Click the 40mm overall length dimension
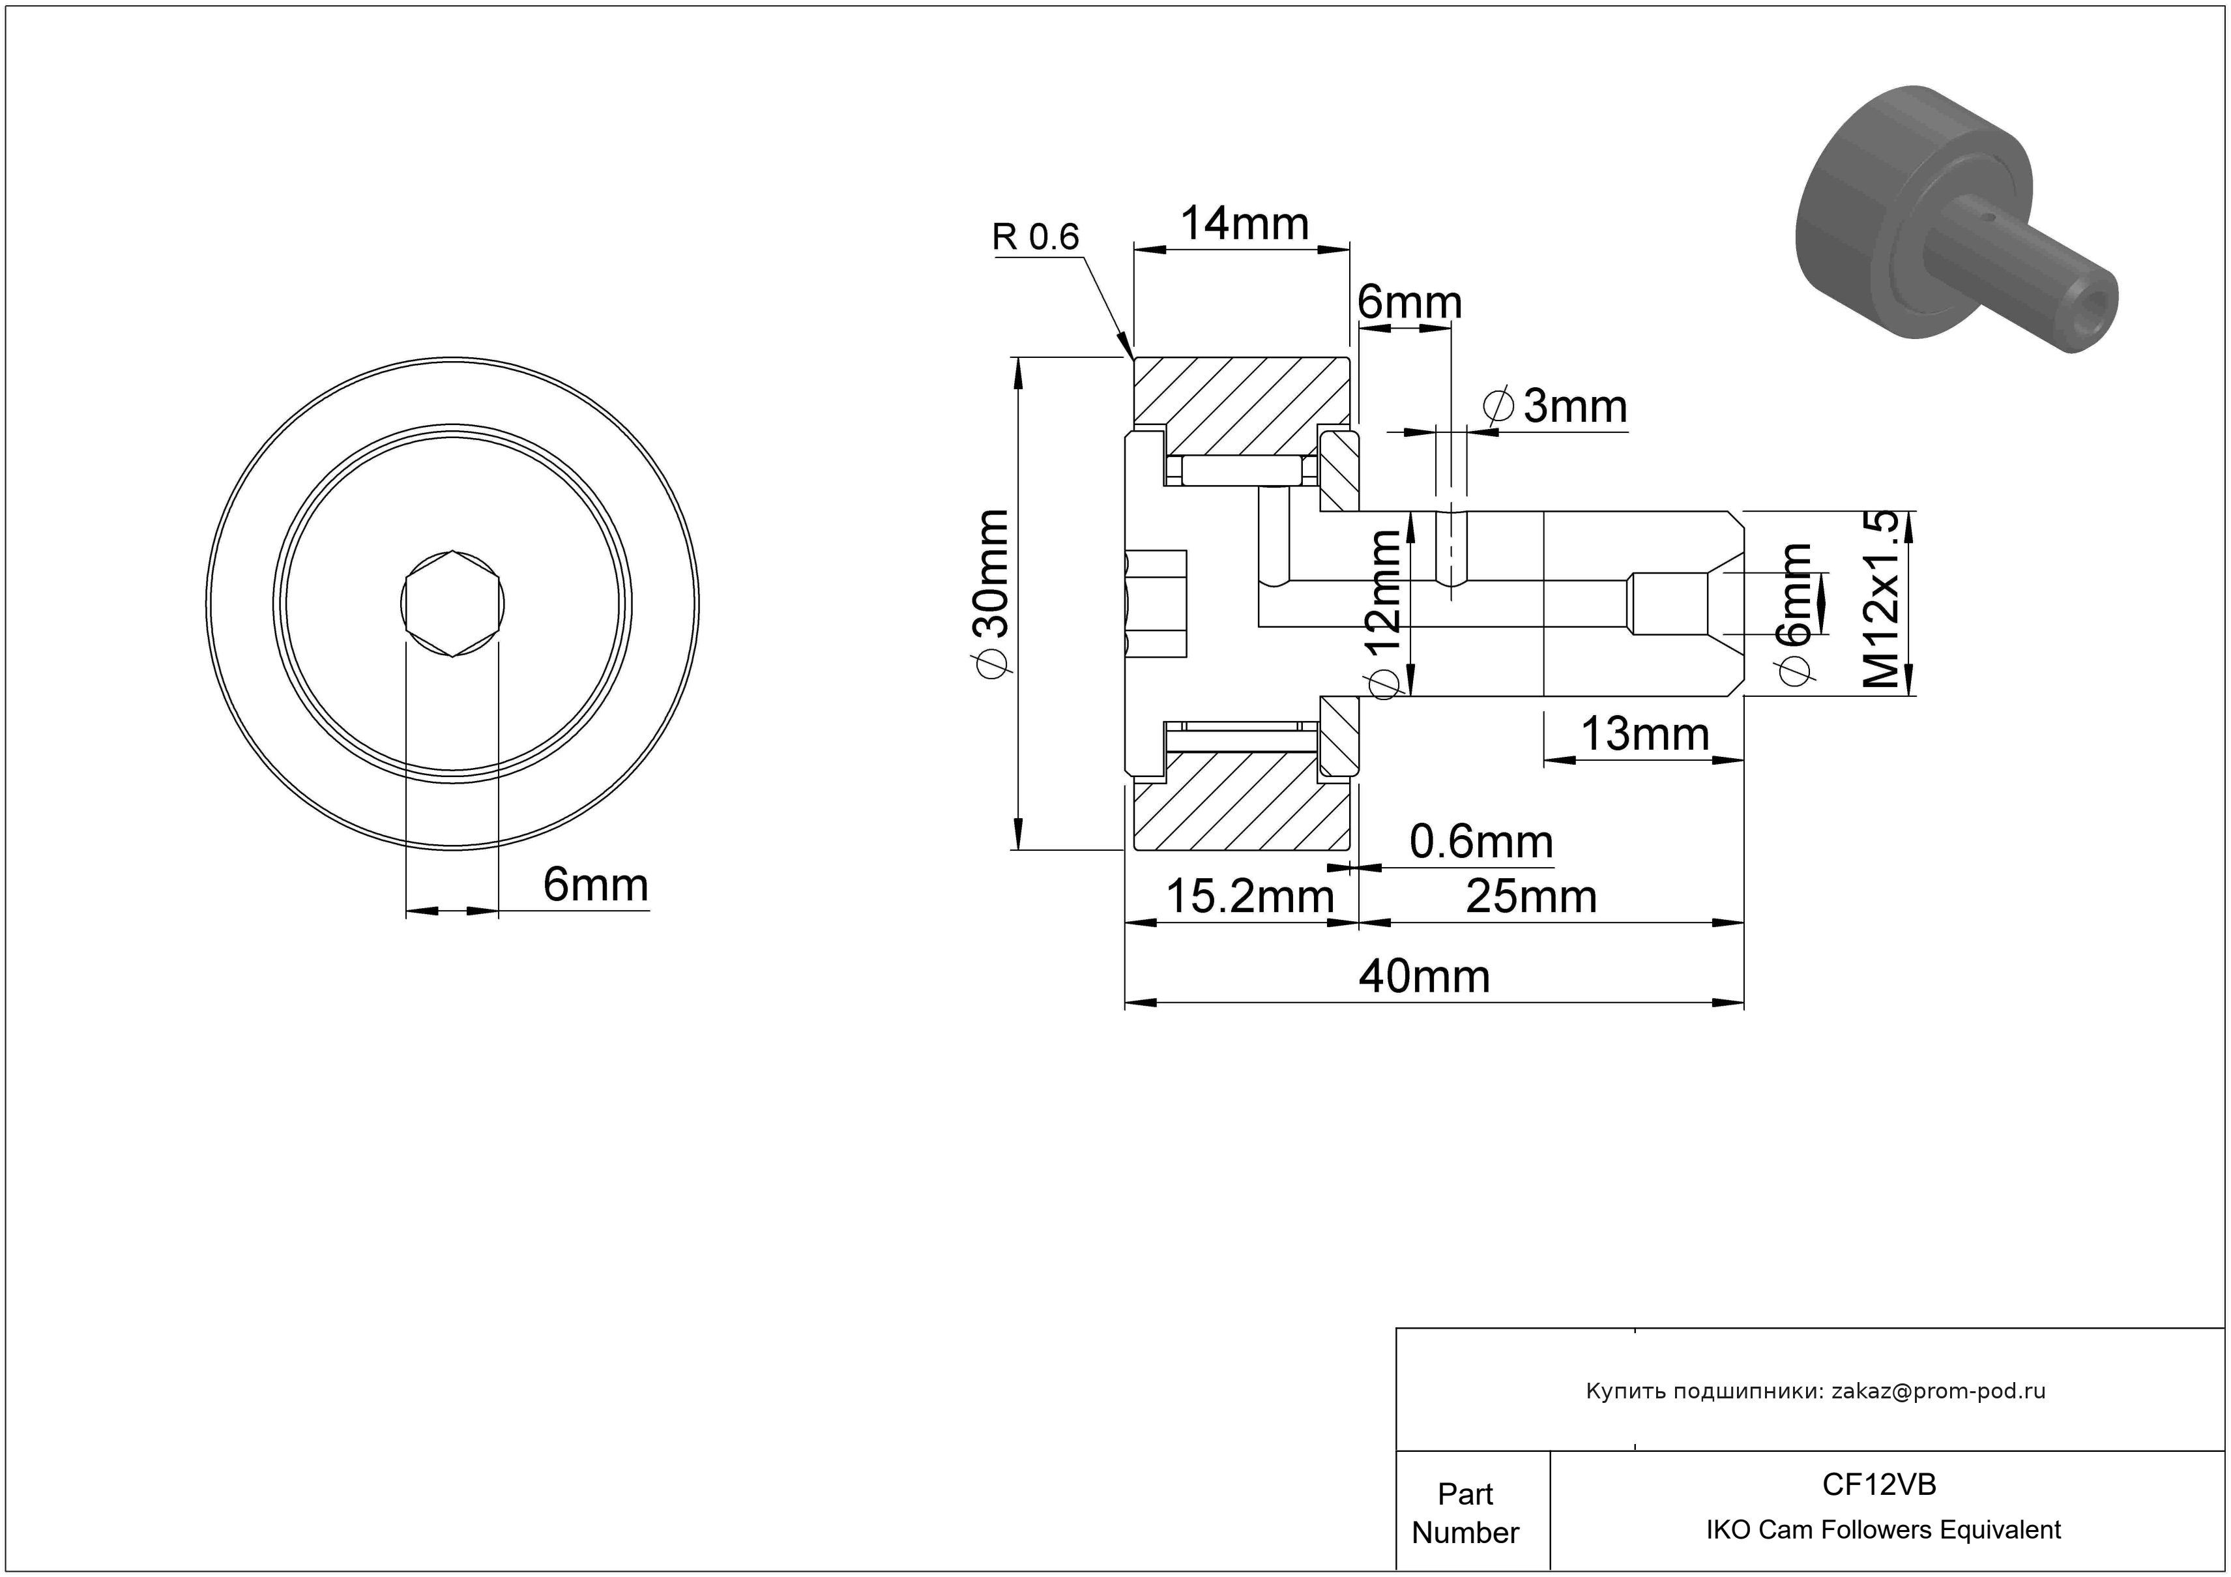pos(1423,977)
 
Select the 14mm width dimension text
pos(1245,224)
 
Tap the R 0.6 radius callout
pos(1036,237)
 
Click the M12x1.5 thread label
pos(1880,600)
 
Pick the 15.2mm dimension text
pos(1249,897)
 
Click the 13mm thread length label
pos(1645,735)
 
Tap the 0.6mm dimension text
pos(1481,842)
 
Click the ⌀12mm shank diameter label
pos(1384,614)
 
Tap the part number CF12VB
pos(1879,1484)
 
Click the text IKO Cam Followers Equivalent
pos(1883,1530)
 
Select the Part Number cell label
pos(1465,1513)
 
